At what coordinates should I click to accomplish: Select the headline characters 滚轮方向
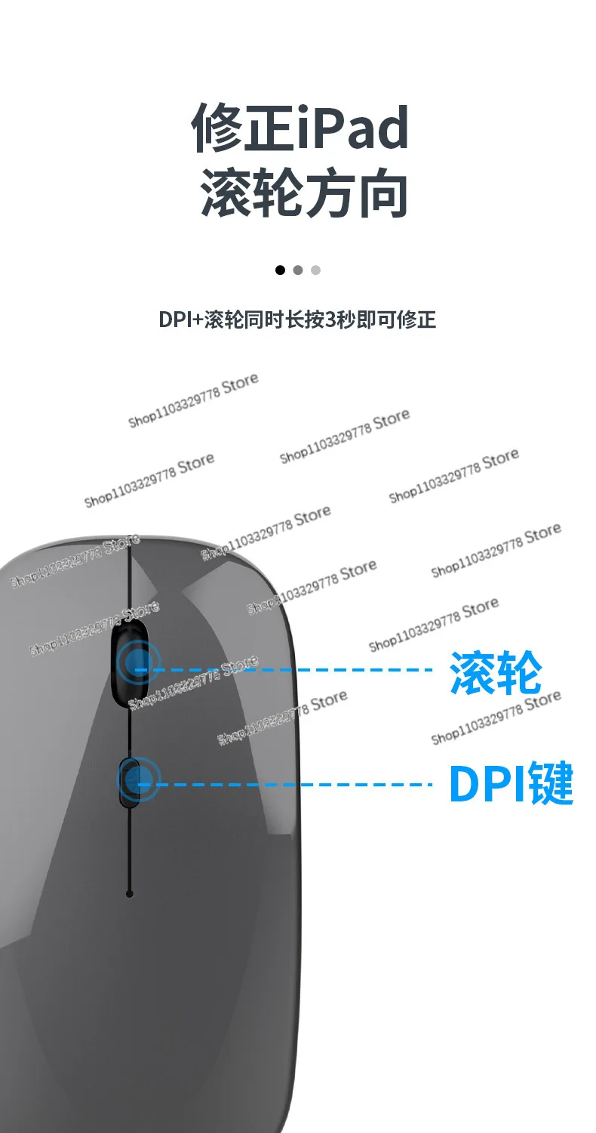(x=304, y=193)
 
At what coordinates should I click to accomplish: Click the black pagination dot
(x=281, y=270)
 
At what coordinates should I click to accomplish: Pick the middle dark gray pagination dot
(x=298, y=270)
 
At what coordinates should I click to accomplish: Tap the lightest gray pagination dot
(x=315, y=270)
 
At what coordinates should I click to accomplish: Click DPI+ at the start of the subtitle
(x=180, y=320)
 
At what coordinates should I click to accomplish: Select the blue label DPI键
(x=511, y=784)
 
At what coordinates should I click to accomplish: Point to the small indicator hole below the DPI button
(x=130, y=894)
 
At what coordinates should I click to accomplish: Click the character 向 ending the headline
(x=383, y=193)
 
